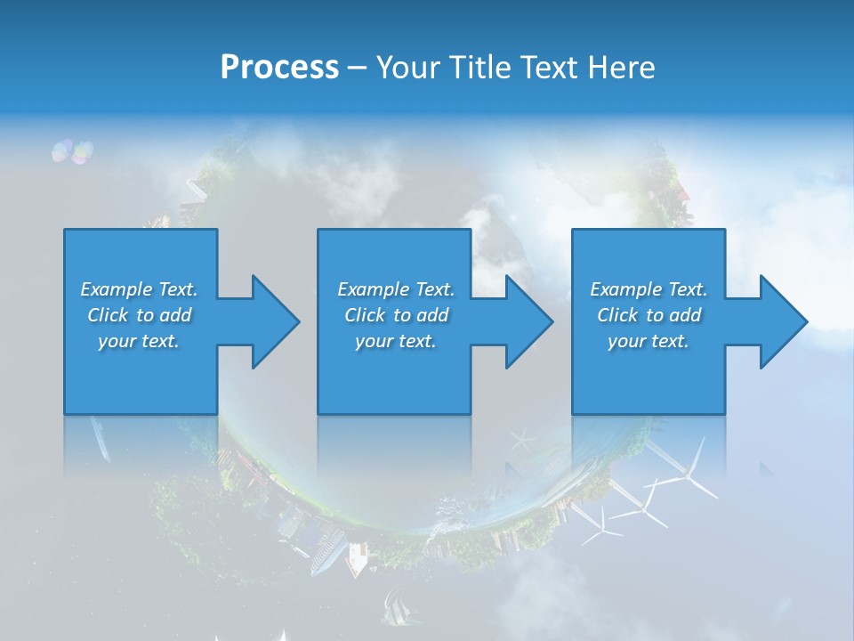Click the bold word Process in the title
click(279, 68)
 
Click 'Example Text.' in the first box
click(139, 289)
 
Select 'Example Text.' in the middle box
click(396, 289)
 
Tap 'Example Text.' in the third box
click(649, 289)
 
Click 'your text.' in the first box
click(139, 341)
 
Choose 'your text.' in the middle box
click(396, 341)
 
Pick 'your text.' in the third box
click(649, 341)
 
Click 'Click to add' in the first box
click(139, 315)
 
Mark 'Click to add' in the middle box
click(396, 315)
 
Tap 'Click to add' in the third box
click(649, 315)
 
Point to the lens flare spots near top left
click(71, 151)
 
